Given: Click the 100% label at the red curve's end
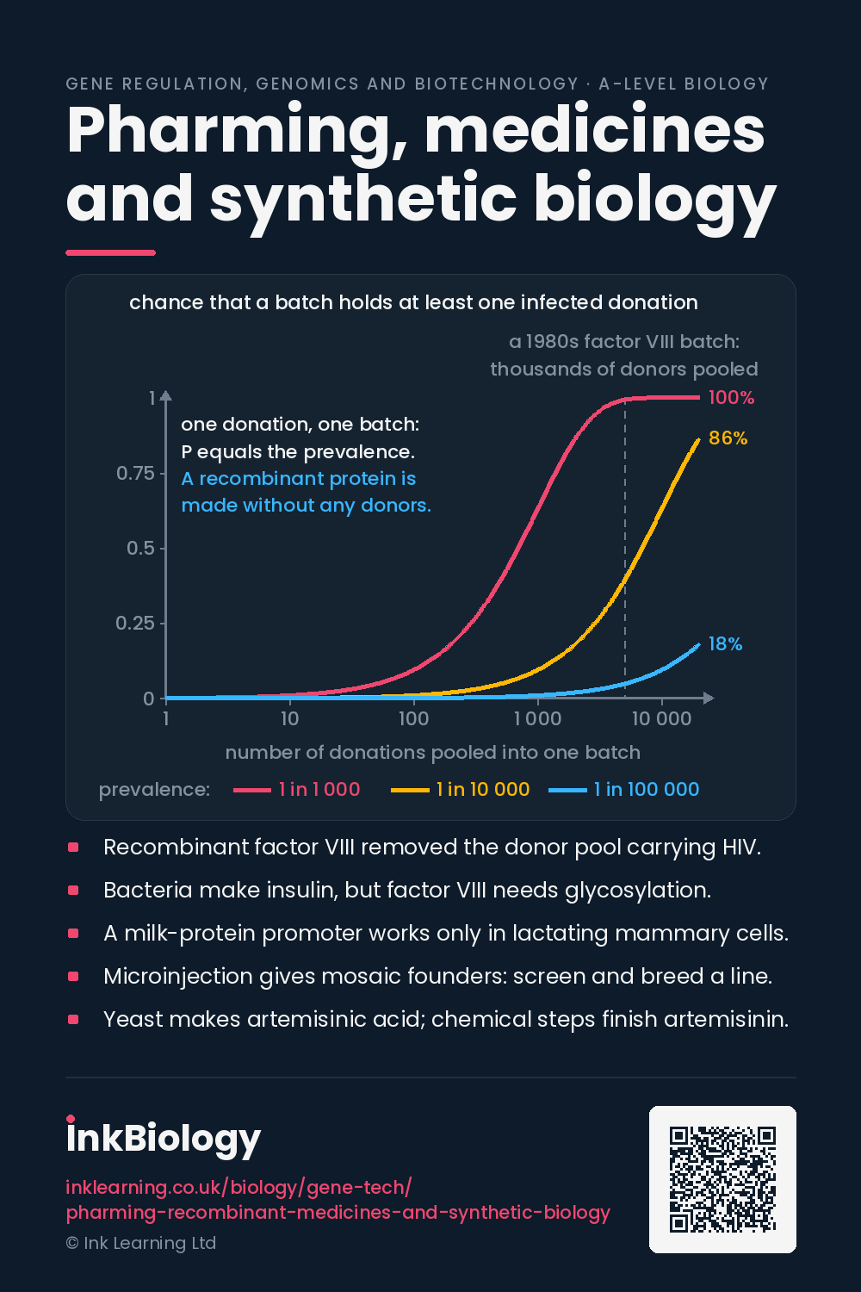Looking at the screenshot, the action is [731, 397].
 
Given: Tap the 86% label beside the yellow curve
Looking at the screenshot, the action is [728, 438].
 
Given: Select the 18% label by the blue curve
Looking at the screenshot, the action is [725, 643].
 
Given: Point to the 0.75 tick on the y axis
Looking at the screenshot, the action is [135, 473].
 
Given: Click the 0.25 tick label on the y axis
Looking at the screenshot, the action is [135, 623].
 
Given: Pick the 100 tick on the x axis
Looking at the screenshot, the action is [413, 718].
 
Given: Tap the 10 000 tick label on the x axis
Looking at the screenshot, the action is [661, 718].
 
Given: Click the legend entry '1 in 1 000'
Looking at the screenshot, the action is [297, 789].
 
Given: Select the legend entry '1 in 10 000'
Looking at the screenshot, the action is [460, 789].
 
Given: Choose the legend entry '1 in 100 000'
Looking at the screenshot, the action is [624, 789].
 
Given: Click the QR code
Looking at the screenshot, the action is [722, 1179].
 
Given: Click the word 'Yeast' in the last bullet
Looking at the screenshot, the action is [132, 1020].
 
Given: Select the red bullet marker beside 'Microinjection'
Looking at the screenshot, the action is [73, 977].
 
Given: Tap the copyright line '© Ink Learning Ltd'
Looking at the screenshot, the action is [140, 1243].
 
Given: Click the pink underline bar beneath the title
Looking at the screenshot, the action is [111, 252].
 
